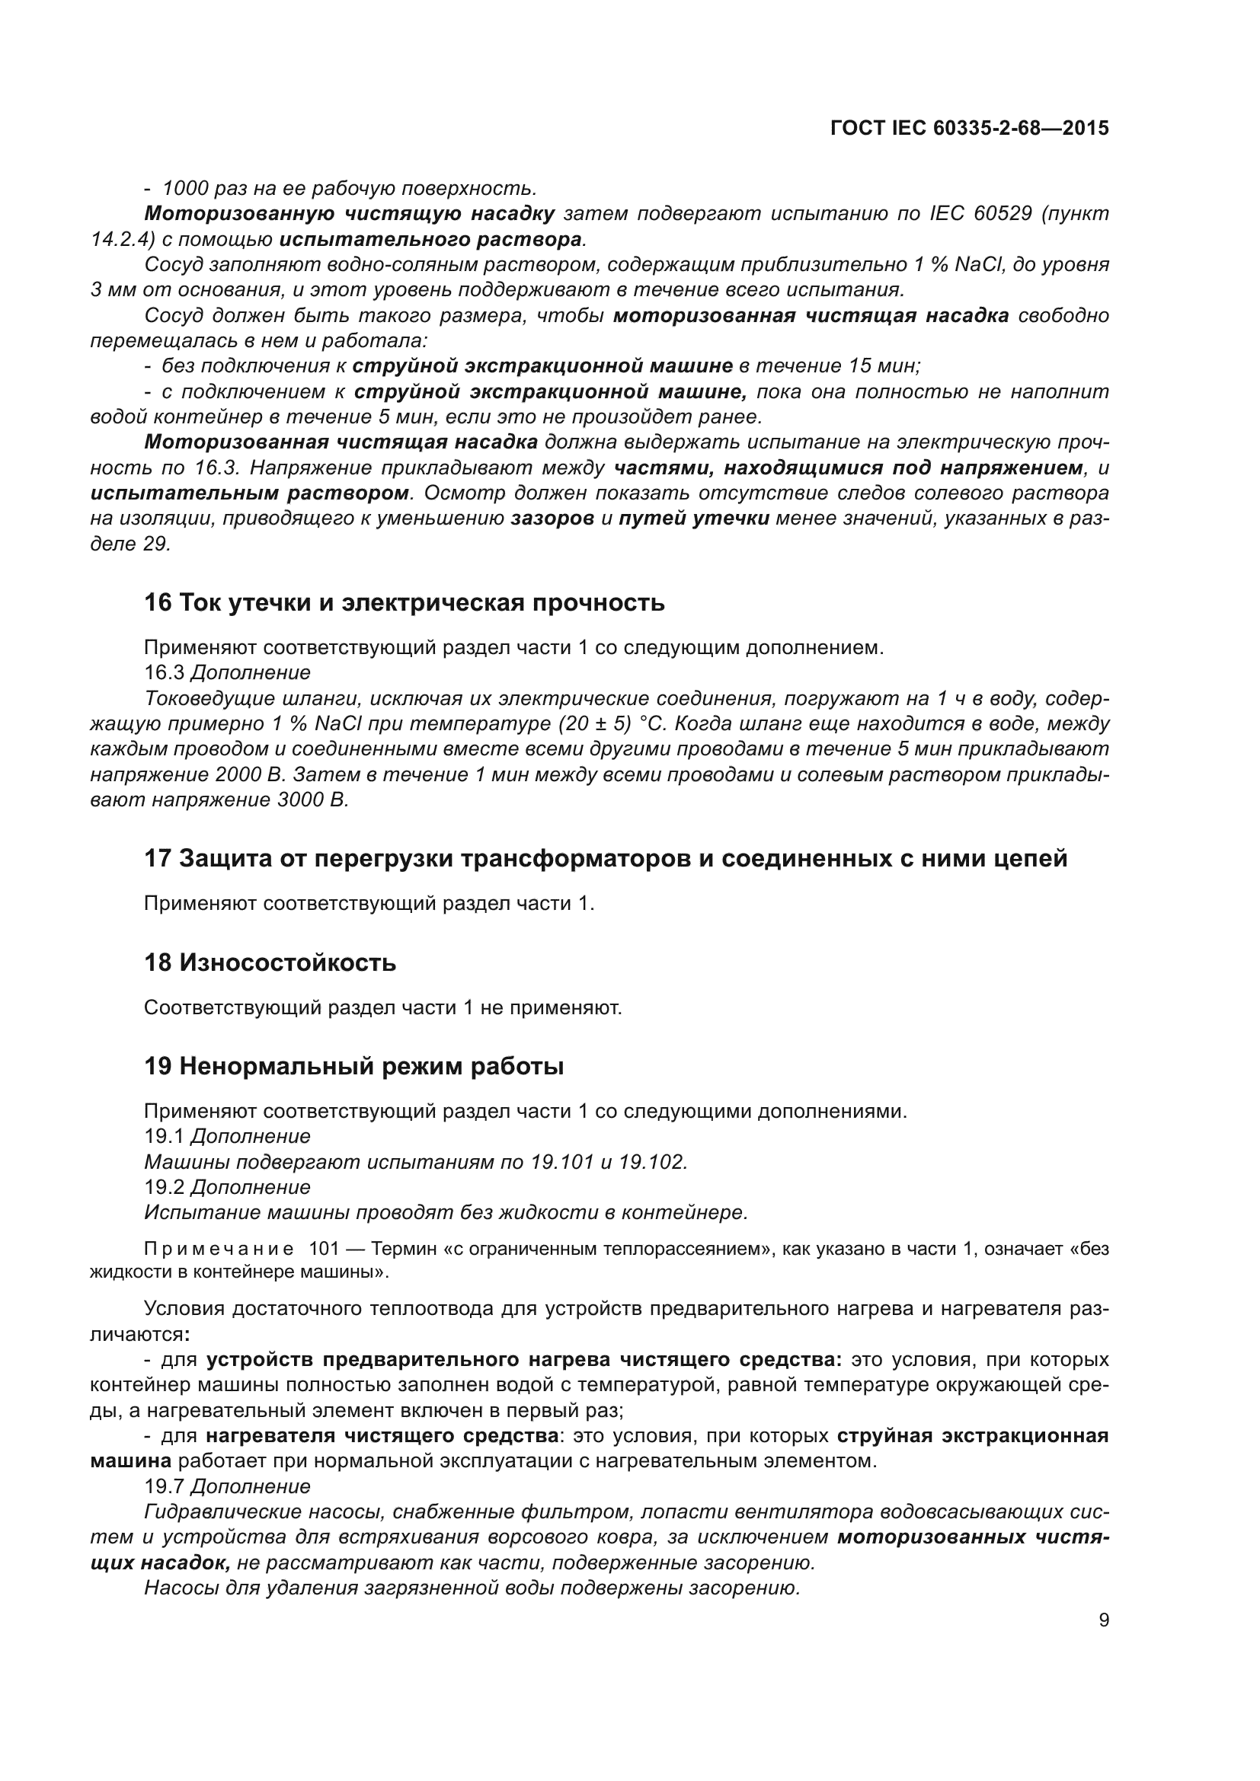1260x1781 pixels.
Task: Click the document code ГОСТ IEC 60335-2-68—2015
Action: pyautogui.click(x=969, y=128)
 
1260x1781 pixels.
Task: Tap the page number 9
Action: pyautogui.click(x=1104, y=1620)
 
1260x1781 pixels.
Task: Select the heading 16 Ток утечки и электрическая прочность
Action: pyautogui.click(x=405, y=603)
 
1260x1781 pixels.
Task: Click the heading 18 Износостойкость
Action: pyautogui.click(x=270, y=962)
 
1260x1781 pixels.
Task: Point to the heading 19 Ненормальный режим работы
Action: pyautogui.click(x=353, y=1067)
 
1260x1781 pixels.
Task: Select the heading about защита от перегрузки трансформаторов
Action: pyautogui.click(x=605, y=859)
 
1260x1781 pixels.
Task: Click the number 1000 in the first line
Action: pyautogui.click(x=184, y=189)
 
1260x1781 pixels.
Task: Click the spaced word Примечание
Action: pyautogui.click(x=219, y=1250)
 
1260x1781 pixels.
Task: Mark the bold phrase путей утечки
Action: pyautogui.click(x=694, y=519)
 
